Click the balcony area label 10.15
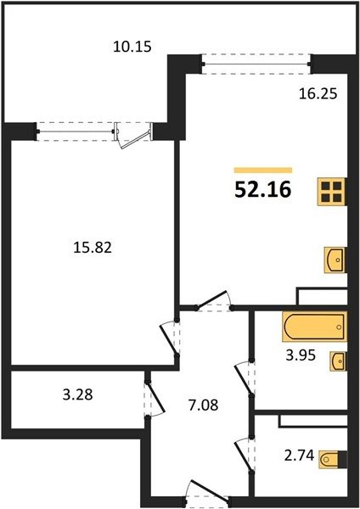[132, 47]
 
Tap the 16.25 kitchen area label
[318, 94]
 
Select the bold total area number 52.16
[263, 189]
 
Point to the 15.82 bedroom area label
[93, 248]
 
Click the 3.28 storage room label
[77, 394]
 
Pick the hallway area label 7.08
[204, 406]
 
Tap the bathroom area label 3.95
[301, 355]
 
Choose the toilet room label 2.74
[299, 456]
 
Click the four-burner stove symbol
[332, 192]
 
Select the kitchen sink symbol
[335, 260]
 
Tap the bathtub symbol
[314, 327]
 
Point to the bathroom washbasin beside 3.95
[339, 361]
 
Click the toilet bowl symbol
[333, 459]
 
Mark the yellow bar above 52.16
[263, 171]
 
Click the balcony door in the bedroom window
[134, 136]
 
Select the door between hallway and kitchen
[213, 301]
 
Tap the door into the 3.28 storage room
[155, 399]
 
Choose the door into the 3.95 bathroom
[245, 378]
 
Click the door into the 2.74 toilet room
[245, 454]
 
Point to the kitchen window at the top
[256, 64]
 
